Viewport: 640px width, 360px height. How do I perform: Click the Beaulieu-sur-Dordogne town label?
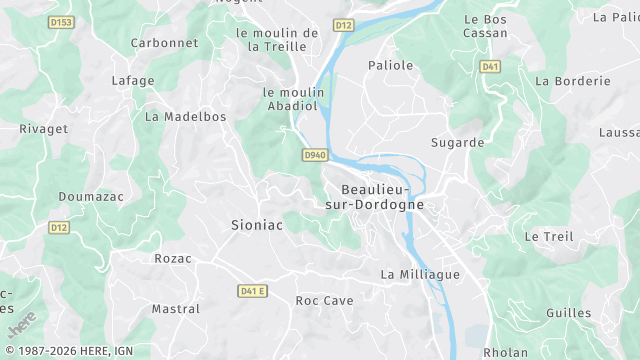click(x=382, y=196)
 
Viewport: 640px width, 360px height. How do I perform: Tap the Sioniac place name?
click(x=257, y=225)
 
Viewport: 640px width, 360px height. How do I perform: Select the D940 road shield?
click(x=314, y=155)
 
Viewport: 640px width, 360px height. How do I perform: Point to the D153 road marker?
click(x=62, y=22)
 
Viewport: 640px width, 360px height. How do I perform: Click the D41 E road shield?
click(x=253, y=291)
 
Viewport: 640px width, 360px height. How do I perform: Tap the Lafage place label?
click(x=133, y=81)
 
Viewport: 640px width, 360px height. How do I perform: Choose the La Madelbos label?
click(x=186, y=116)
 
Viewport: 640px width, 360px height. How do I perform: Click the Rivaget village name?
click(x=43, y=128)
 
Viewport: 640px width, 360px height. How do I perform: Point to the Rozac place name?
click(x=173, y=258)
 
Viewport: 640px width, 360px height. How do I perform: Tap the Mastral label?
click(x=176, y=309)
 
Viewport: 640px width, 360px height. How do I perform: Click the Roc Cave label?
click(x=325, y=300)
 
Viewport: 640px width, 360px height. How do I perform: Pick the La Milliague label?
click(x=420, y=274)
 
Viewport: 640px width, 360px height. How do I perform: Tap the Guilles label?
click(x=569, y=313)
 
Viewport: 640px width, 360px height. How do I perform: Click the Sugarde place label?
click(x=457, y=142)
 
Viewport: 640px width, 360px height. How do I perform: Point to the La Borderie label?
click(x=573, y=81)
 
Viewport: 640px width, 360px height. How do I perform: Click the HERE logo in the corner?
click(x=21, y=323)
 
